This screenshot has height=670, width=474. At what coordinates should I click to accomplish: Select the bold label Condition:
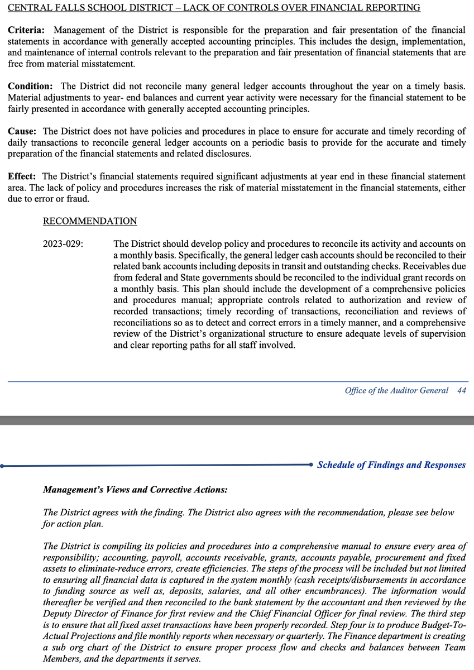[31, 87]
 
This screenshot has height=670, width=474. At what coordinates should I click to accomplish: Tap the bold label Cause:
[22, 131]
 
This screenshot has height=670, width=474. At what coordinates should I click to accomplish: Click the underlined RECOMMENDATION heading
[90, 221]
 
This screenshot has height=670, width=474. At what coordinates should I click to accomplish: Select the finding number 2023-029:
[63, 244]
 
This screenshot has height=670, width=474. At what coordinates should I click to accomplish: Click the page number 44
[461, 390]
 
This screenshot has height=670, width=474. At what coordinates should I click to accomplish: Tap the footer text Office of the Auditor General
[396, 390]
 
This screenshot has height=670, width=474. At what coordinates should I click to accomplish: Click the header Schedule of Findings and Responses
[391, 465]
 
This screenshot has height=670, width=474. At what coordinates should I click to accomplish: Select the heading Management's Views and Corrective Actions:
[135, 490]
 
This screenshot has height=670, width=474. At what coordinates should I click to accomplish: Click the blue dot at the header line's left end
[3, 465]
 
